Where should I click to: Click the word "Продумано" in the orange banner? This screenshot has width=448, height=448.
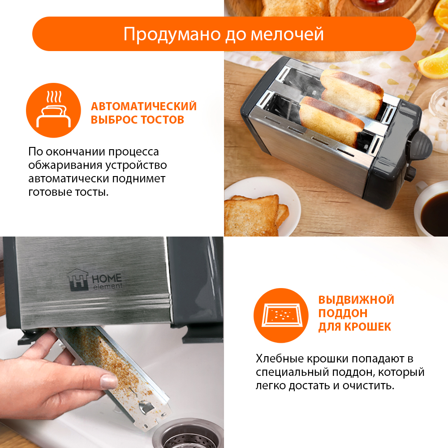point(172,35)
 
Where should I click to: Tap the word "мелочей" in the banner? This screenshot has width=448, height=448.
point(287,34)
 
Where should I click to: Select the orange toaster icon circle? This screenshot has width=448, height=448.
point(53,110)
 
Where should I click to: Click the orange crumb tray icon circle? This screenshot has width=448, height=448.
point(281,315)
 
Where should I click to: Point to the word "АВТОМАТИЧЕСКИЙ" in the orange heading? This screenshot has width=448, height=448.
point(144,106)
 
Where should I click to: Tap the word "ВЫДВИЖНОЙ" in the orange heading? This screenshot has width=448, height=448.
point(356,300)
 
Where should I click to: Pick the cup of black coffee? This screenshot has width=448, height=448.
point(432,210)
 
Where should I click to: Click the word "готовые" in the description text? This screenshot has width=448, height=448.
point(50,192)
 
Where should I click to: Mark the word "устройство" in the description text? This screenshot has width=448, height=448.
point(136,165)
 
